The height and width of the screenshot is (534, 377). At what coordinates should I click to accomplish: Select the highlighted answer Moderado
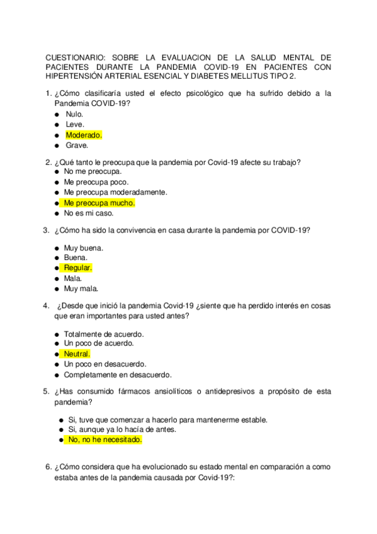[83, 135]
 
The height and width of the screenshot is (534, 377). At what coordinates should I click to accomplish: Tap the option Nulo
[74, 115]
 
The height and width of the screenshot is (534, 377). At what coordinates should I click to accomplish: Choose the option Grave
[77, 145]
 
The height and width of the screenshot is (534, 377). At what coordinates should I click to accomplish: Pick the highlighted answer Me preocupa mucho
[99, 203]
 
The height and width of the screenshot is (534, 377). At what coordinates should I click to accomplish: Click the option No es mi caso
[88, 213]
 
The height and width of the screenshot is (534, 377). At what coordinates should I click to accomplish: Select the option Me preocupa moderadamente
[115, 192]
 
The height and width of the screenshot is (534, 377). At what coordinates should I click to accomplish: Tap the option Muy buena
[83, 248]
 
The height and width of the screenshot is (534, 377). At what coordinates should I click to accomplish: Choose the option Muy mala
[81, 288]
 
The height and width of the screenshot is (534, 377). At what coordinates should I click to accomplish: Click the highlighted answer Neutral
[77, 354]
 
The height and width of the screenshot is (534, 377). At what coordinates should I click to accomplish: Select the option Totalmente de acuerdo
[103, 334]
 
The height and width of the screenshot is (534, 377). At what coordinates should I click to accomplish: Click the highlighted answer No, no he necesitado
[104, 440]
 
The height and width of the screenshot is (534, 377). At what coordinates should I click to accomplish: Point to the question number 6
[48, 467]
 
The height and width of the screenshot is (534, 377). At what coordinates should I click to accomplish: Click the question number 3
[46, 230]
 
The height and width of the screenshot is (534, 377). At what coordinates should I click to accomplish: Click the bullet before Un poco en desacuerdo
[57, 364]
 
